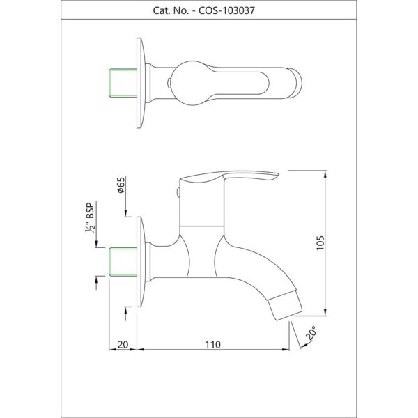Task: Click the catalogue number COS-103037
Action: pos(226,10)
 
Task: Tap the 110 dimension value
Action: pos(212,345)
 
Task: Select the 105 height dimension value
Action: pos(320,242)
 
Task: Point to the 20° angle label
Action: pos(311,332)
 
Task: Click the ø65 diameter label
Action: pos(121,185)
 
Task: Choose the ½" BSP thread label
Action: pos(90,217)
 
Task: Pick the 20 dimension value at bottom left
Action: pos(123,345)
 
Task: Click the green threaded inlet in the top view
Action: pos(123,83)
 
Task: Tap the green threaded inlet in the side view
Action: pos(123,262)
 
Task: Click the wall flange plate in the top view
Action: pos(141,83)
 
